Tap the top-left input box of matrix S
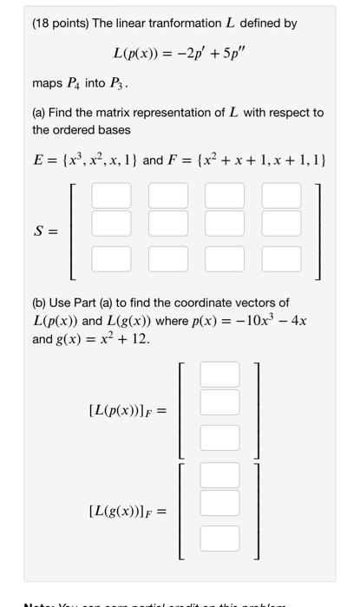click(110, 196)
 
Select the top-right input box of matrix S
click(279, 196)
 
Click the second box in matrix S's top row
click(167, 196)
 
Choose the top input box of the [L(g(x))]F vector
click(219, 475)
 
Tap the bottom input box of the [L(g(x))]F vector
click(219, 538)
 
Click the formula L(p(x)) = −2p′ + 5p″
click(180, 54)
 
